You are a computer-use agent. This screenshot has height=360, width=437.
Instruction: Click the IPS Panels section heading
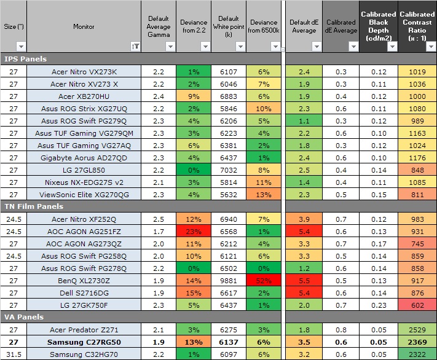26,59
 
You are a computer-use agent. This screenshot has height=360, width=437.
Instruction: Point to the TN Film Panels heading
34,206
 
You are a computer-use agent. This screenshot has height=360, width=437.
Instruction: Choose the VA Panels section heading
25,317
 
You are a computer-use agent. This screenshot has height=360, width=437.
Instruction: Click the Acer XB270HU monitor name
84,96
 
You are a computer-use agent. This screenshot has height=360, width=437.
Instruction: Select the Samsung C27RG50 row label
84,342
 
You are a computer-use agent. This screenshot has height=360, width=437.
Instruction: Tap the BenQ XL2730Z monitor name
84,280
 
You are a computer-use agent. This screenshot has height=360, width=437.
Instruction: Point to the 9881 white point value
229,280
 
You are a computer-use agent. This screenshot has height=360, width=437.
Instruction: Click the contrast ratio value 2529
416,330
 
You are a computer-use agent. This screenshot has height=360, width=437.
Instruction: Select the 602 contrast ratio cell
416,305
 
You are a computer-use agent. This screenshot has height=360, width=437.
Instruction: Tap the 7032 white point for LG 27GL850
229,170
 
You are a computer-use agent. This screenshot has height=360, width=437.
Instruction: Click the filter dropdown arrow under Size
21,46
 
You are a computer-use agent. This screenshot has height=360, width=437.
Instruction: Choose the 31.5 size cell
13,354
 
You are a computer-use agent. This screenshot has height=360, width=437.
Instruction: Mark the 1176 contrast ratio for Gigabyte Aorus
416,158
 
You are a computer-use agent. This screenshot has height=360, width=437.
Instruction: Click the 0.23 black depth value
378,305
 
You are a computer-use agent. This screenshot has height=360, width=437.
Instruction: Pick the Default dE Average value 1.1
304,121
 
